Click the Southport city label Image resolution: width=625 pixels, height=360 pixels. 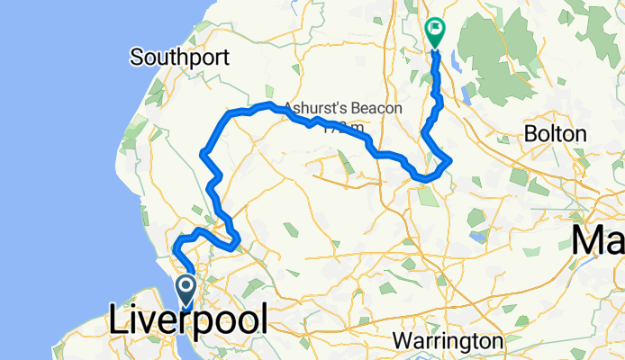click(x=179, y=58)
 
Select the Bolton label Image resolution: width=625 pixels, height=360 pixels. click(x=558, y=134)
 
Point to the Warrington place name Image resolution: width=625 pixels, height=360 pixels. click(x=448, y=342)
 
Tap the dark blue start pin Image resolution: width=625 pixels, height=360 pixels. click(x=186, y=290)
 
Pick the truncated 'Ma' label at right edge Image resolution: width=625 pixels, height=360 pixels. click(x=600, y=240)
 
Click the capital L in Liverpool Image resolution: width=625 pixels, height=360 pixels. click(x=119, y=321)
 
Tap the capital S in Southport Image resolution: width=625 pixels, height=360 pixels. click(x=136, y=58)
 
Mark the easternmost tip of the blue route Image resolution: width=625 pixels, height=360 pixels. click(x=450, y=160)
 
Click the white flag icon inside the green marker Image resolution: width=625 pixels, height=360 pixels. click(x=436, y=28)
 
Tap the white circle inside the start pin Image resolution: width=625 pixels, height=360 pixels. click(x=186, y=285)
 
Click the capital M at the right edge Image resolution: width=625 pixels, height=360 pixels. click(x=590, y=240)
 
